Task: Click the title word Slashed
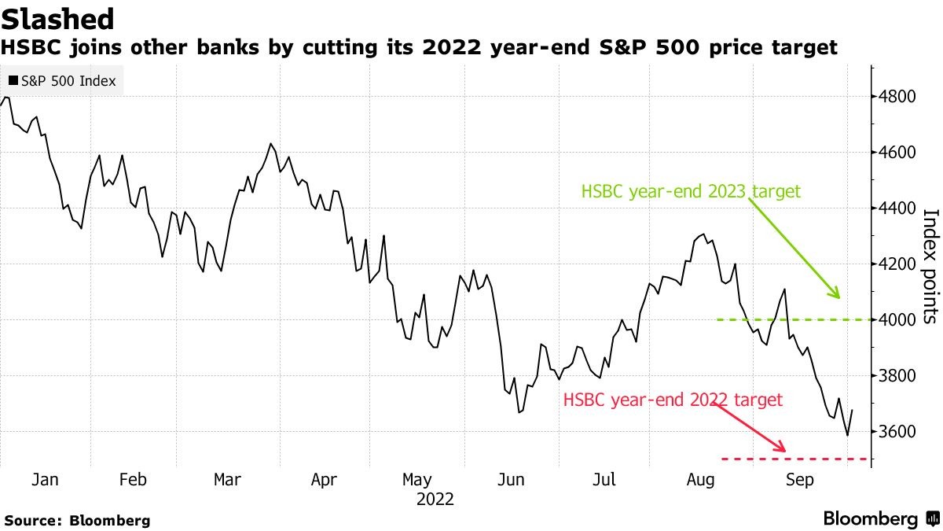point(58,18)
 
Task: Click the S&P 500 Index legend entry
point(62,81)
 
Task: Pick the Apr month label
point(324,479)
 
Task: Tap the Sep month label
point(799,479)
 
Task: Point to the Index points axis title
point(930,265)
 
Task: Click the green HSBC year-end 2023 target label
point(691,191)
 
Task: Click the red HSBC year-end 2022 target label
point(673,400)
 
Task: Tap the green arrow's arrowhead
point(838,296)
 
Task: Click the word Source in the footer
point(33,521)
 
